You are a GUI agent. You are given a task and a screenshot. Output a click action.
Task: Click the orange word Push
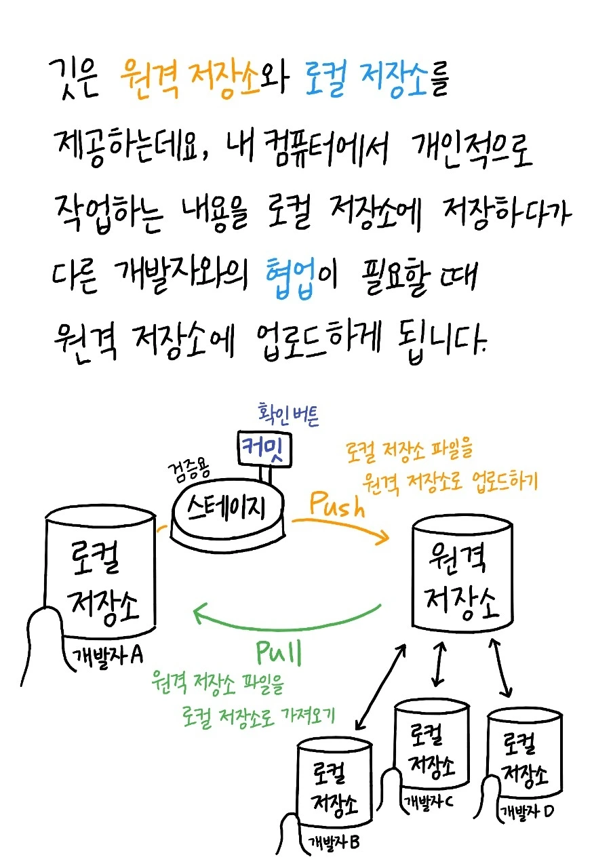pyautogui.click(x=337, y=505)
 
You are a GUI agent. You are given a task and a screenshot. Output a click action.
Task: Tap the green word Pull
pyautogui.click(x=279, y=653)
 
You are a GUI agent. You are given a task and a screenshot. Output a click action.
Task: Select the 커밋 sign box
pyautogui.click(x=264, y=448)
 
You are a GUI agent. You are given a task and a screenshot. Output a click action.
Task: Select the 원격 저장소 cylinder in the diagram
pyautogui.click(x=463, y=576)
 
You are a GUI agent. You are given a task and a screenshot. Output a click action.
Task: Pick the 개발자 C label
pyautogui.click(x=429, y=802)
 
